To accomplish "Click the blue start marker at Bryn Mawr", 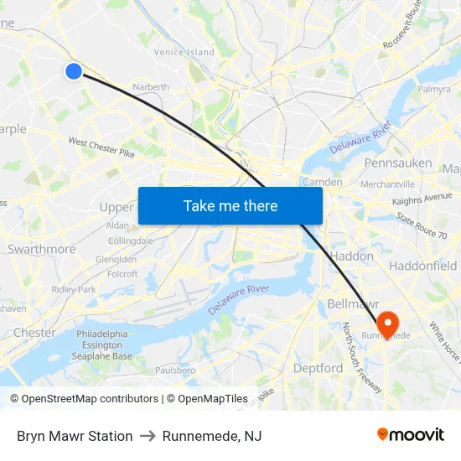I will click(x=74, y=71).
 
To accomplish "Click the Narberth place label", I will click(x=152, y=86).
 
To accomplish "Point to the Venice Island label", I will click(x=184, y=52).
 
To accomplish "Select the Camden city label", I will click(x=322, y=182).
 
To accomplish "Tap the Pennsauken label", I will click(x=398, y=163).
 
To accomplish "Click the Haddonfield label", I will click(x=423, y=266).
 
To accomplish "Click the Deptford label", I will click(x=318, y=368).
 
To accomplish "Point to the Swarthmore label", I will click(x=41, y=249).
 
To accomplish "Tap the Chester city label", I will click(x=35, y=333).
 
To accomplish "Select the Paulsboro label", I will click(x=175, y=370).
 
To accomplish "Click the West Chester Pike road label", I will click(x=101, y=148).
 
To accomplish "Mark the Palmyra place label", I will click(x=434, y=89).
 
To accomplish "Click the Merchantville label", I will click(x=387, y=184).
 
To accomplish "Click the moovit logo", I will click(x=411, y=435).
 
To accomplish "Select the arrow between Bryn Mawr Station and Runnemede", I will click(x=148, y=436).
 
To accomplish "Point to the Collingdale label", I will click(x=130, y=241).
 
